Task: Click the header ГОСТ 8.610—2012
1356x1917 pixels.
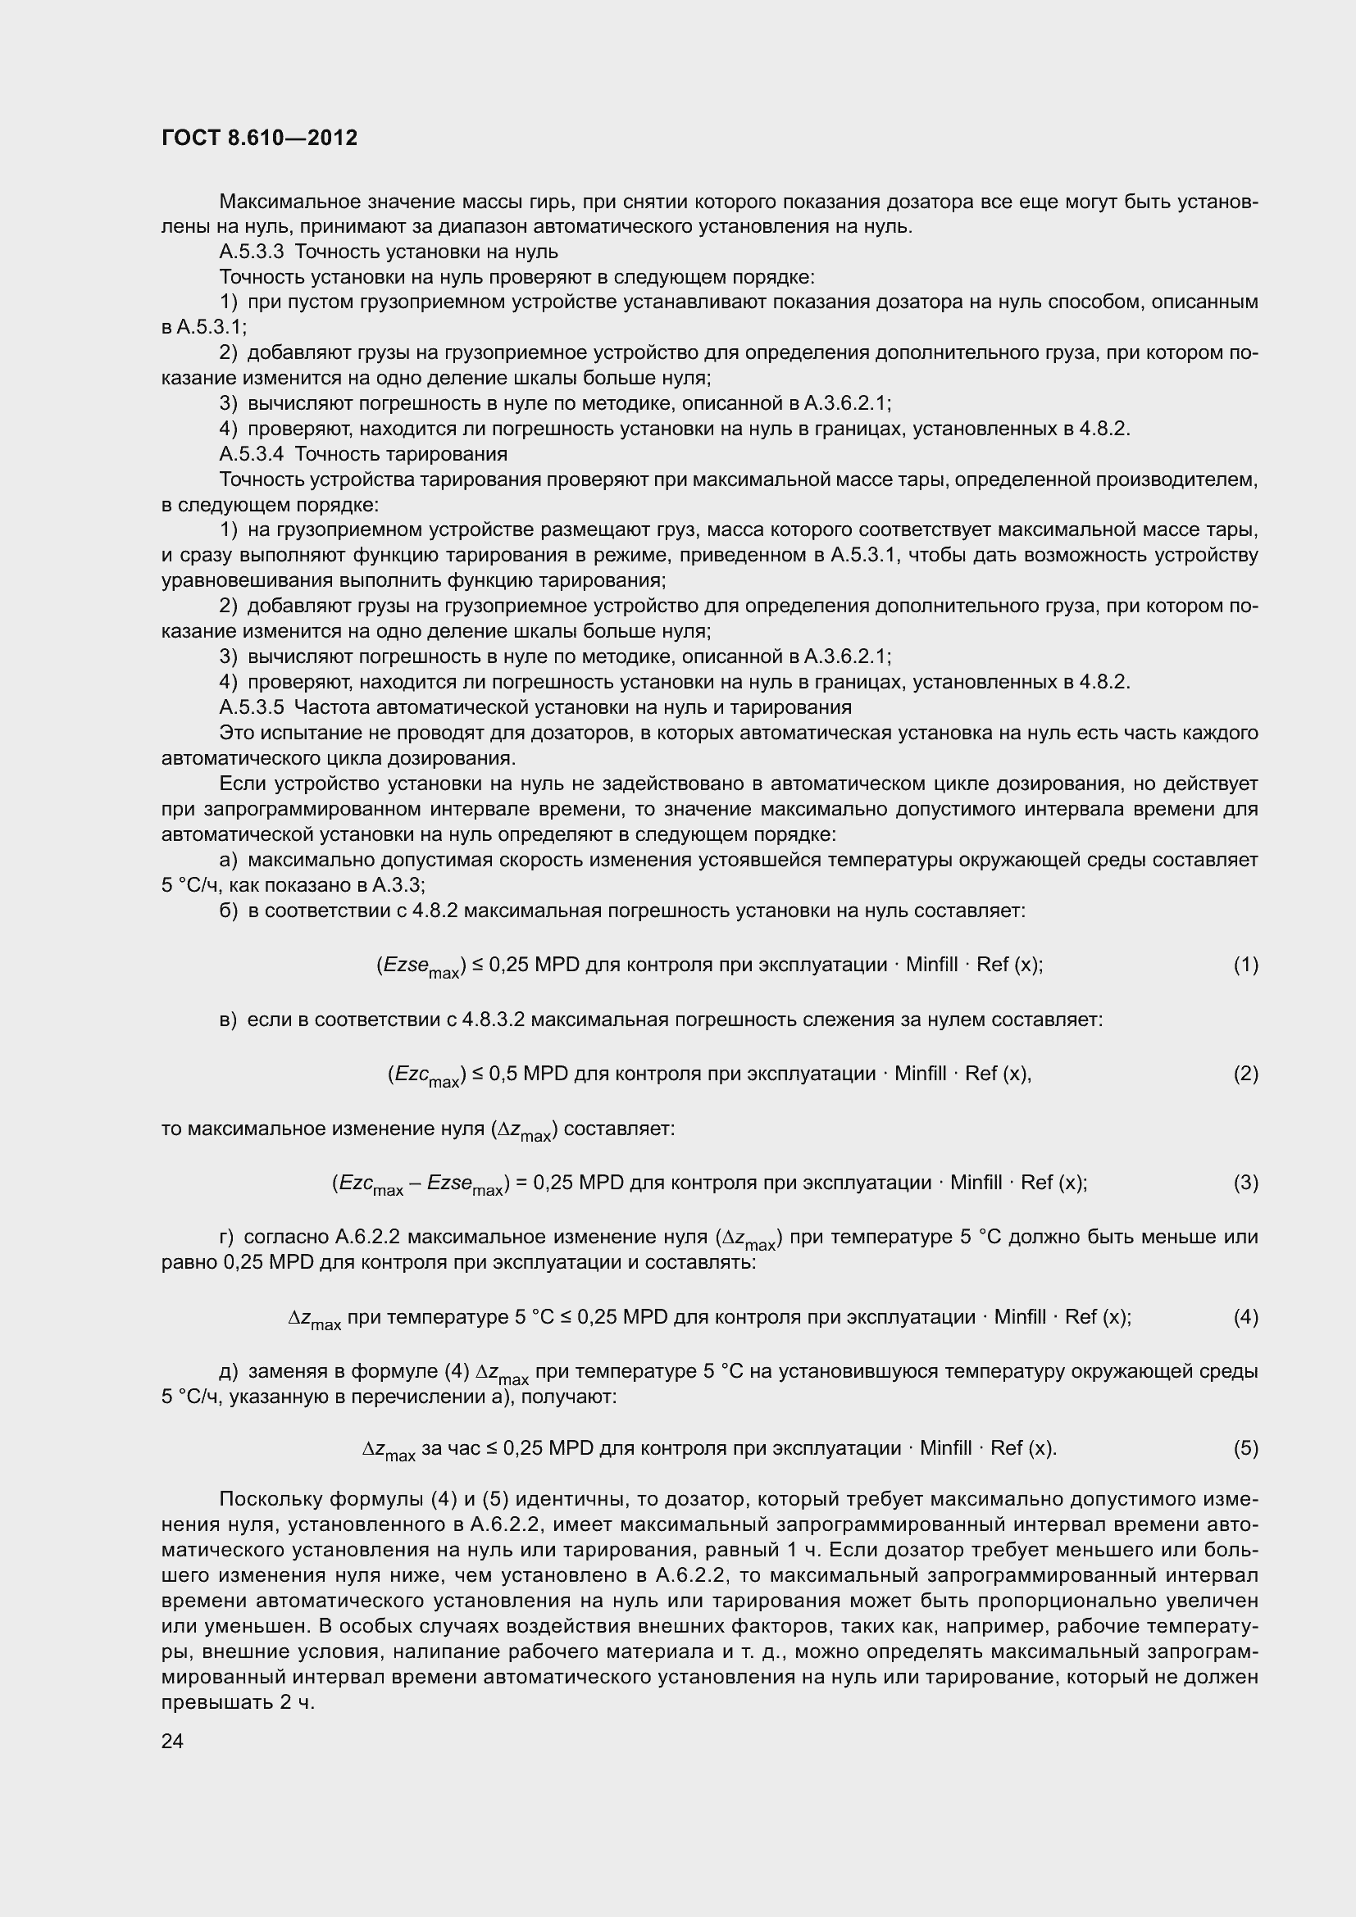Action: (x=260, y=138)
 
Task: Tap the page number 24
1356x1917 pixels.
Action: (x=172, y=1740)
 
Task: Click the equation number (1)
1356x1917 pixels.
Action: (x=1245, y=965)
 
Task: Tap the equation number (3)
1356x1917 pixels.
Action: (x=1245, y=1183)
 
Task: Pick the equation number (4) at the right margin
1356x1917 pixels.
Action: (x=1245, y=1317)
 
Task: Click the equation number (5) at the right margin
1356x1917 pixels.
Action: (x=1245, y=1447)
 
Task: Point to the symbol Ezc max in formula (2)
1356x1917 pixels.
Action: (x=425, y=1075)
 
